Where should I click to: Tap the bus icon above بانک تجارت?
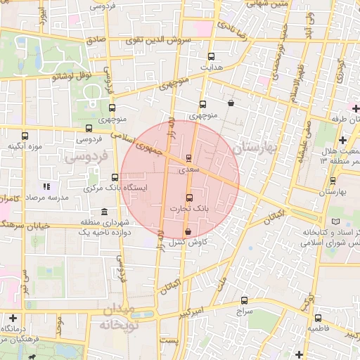tap(188, 198)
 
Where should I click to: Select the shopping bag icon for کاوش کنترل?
tap(188, 231)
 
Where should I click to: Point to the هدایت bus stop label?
tap(212, 67)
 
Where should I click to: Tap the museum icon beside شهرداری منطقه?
tap(104, 212)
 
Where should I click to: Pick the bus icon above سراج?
tap(244, 300)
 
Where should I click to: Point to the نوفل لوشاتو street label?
tap(71, 76)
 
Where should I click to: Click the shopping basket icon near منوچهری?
tap(231, 103)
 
